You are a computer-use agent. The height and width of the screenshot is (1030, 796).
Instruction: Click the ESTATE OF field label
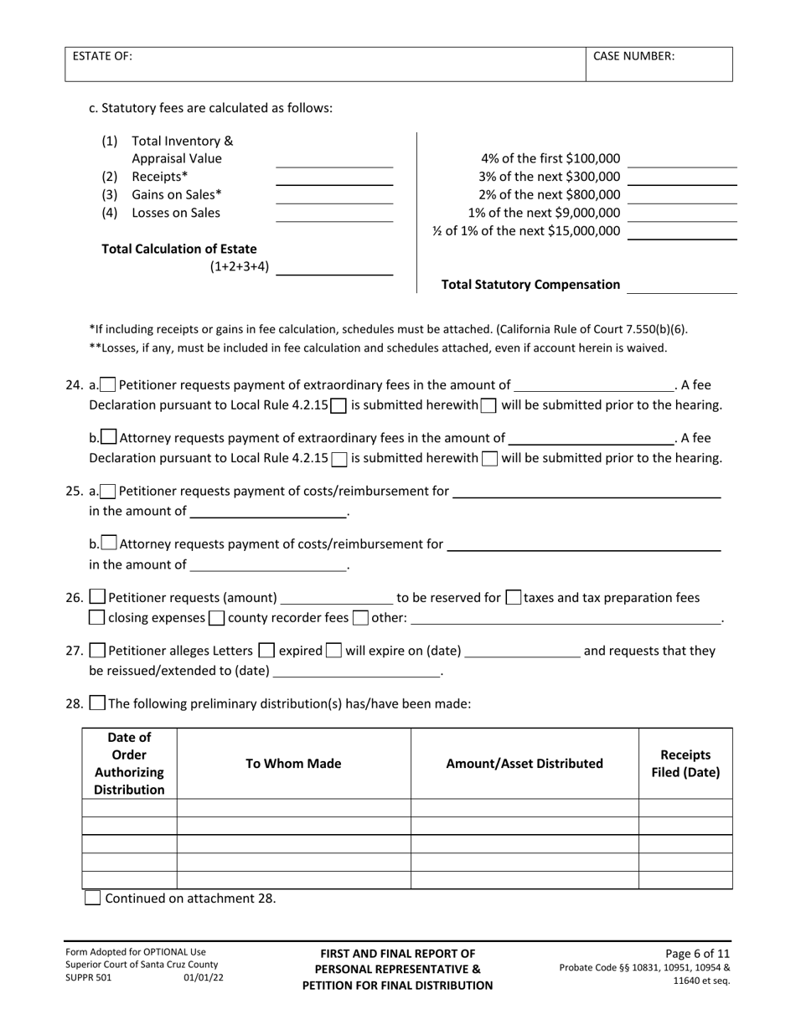[102, 56]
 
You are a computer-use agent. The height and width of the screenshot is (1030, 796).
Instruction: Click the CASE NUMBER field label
[633, 56]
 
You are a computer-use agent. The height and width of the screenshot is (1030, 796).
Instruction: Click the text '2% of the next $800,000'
[550, 194]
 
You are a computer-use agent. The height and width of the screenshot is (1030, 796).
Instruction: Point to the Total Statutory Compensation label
[531, 285]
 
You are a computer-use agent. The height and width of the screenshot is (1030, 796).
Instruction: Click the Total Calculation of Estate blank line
[334, 267]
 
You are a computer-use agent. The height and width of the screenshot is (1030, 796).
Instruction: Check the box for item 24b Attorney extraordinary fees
[108, 437]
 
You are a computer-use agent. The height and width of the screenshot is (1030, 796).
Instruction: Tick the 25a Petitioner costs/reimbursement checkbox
[108, 491]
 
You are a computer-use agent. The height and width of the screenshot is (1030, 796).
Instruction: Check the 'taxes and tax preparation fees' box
[514, 598]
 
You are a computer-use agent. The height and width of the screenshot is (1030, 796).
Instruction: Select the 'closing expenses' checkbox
[97, 619]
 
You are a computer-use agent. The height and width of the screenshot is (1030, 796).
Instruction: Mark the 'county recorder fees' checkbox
[216, 619]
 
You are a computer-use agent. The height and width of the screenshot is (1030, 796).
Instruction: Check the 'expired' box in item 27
[266, 651]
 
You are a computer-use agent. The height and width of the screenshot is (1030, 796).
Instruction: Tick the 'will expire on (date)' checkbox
[333, 651]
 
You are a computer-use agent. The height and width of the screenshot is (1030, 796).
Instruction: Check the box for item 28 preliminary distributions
[97, 703]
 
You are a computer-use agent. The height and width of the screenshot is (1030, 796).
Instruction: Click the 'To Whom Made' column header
[293, 764]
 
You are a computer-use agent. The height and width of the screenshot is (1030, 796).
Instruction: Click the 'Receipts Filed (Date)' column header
[685, 764]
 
